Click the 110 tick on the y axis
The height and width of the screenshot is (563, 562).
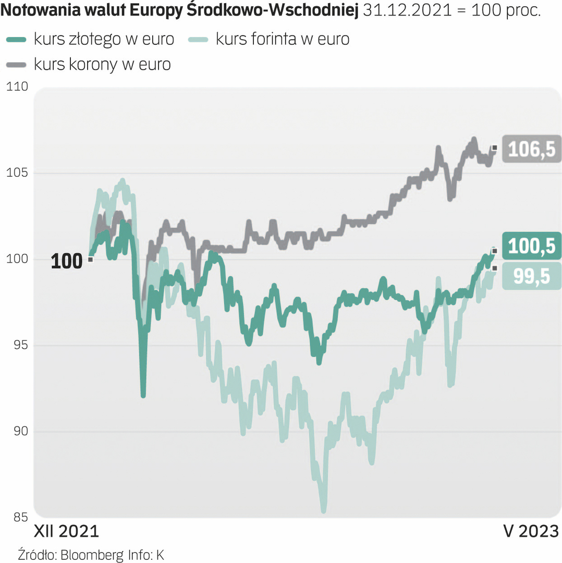(17, 87)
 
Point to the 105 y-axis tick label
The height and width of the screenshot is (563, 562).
(17, 173)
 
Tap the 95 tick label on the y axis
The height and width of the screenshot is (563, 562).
(19, 346)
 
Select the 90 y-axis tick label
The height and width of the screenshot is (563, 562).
(19, 432)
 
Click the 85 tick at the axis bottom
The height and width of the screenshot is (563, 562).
(19, 518)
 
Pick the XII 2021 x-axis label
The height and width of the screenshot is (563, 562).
(66, 532)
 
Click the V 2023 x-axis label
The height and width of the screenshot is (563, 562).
(531, 532)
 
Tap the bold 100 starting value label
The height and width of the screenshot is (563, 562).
(66, 261)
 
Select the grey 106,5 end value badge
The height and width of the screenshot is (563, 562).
(531, 149)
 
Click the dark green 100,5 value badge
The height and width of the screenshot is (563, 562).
(531, 247)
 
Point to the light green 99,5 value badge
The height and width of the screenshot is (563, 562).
(531, 276)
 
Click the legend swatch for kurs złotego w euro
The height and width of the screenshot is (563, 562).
(17, 39)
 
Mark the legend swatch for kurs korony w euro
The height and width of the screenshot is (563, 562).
(17, 64)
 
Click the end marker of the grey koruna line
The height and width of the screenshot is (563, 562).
(494, 148)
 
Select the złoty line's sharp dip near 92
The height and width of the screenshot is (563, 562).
(143, 395)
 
